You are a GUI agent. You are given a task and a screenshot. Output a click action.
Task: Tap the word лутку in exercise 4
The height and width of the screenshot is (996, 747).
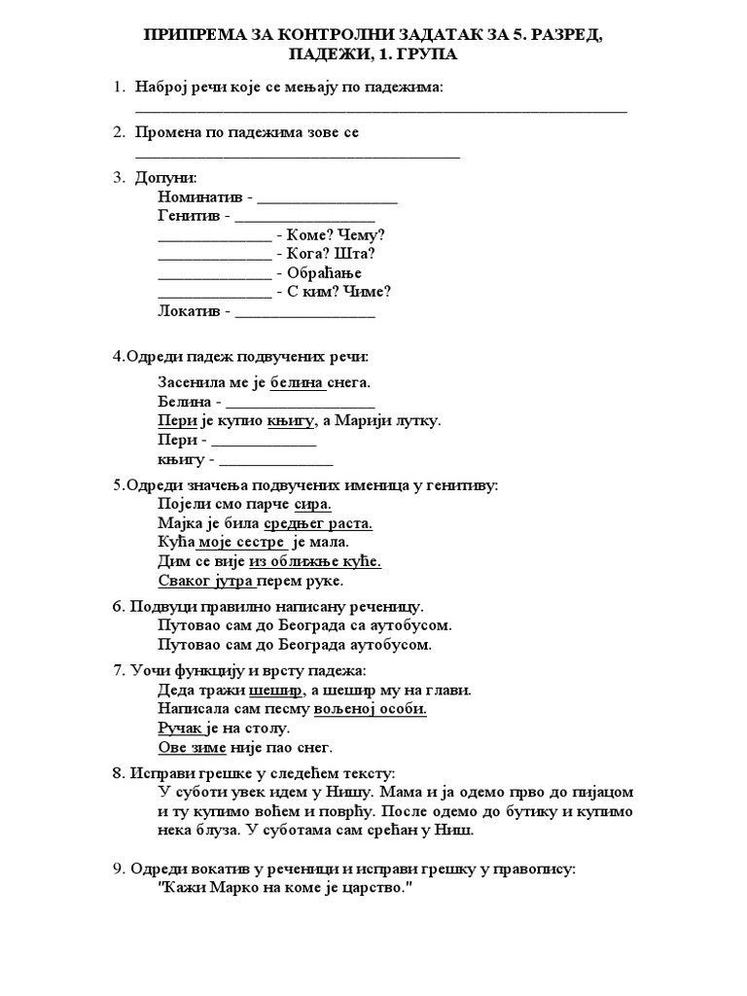(415, 420)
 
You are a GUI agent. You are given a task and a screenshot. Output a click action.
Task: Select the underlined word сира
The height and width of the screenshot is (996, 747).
(313, 504)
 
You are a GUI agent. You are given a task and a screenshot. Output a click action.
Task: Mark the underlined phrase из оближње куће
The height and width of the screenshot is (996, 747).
(315, 561)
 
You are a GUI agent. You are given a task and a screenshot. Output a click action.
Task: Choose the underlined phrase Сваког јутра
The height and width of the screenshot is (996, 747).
(205, 581)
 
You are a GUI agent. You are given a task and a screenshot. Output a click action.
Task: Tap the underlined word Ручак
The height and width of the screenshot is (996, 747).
(180, 728)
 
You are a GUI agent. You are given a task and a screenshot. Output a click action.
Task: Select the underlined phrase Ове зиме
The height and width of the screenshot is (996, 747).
(192, 747)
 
